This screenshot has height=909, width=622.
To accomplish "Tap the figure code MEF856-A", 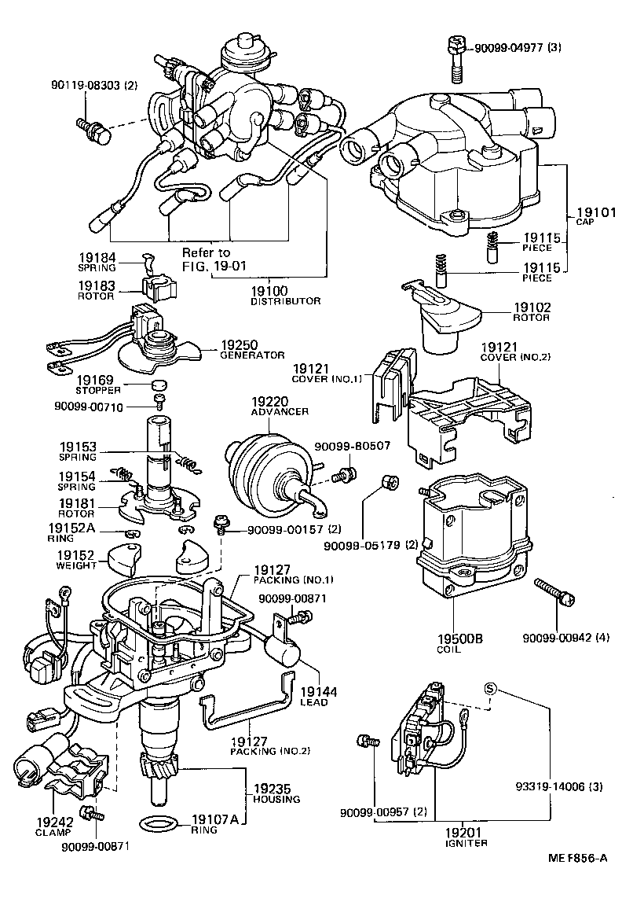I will (577, 880).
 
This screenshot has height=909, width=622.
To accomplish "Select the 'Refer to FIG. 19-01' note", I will (214, 259).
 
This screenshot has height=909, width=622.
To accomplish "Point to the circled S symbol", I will (491, 689).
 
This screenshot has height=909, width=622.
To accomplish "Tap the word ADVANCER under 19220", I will (279, 411).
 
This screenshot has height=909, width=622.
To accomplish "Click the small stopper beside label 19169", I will (160, 385).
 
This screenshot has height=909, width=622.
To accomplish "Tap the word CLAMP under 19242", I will (53, 832).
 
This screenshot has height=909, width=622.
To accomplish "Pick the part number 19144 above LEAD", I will (317, 691).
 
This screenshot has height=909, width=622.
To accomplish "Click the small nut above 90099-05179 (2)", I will (386, 480).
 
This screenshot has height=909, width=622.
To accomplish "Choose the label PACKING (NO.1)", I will (282, 580).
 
